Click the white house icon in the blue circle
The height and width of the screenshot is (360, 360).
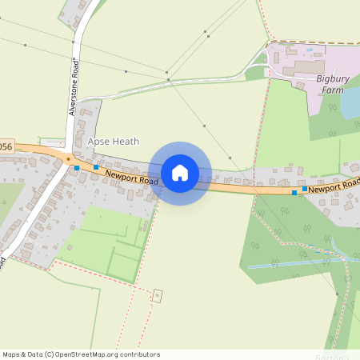(x=180, y=173)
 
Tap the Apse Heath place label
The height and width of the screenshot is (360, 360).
(x=113, y=142)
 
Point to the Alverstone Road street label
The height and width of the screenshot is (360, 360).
(x=74, y=87)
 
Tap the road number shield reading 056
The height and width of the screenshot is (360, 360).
(x=6, y=146)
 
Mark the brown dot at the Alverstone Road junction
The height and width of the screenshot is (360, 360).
(x=69, y=158)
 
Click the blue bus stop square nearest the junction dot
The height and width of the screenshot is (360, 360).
(x=77, y=168)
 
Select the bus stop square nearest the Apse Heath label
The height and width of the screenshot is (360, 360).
(x=96, y=167)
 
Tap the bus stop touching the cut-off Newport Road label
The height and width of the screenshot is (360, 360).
(x=304, y=189)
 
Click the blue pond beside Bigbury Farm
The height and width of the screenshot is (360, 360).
(x=350, y=102)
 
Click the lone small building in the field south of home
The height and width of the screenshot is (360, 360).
(x=157, y=295)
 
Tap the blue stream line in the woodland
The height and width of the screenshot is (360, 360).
(x=288, y=264)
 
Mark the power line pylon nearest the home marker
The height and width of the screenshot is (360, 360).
(x=205, y=126)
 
